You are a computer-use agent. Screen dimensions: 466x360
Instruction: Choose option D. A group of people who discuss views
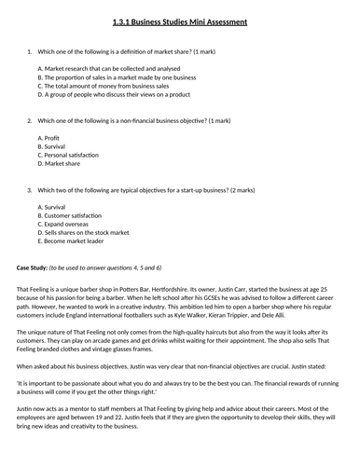point(114,93)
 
